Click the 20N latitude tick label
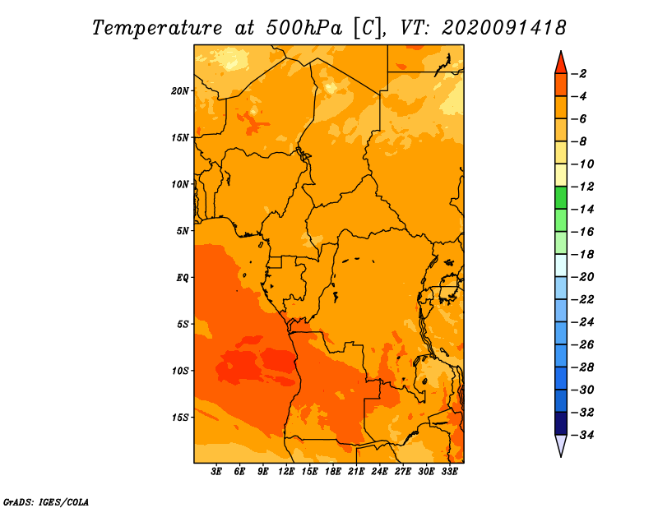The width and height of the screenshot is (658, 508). click(179, 90)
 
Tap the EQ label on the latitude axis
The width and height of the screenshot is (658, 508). click(182, 278)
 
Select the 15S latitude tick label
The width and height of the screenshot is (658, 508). click(179, 418)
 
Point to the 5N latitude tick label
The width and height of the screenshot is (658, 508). click(182, 231)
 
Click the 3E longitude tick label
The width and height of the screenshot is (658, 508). click(216, 471)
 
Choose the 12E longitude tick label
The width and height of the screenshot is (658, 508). click(286, 471)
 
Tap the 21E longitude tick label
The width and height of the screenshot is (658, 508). click(356, 471)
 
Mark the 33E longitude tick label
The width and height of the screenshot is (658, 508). click(449, 471)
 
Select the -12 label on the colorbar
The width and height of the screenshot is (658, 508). click(582, 187)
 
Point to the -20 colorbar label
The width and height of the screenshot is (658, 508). click(582, 277)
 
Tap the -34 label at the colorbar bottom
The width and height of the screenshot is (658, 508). click(582, 435)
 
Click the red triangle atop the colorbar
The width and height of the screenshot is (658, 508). click(561, 64)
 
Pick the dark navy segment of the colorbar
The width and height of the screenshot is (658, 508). click(561, 423)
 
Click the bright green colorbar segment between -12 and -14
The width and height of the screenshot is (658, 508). click(561, 198)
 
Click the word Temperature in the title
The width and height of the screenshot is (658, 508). click(157, 28)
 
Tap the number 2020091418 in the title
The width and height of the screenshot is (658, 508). click(504, 28)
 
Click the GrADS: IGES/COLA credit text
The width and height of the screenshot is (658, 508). click(46, 502)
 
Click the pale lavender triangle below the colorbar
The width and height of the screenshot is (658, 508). click(561, 444)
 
